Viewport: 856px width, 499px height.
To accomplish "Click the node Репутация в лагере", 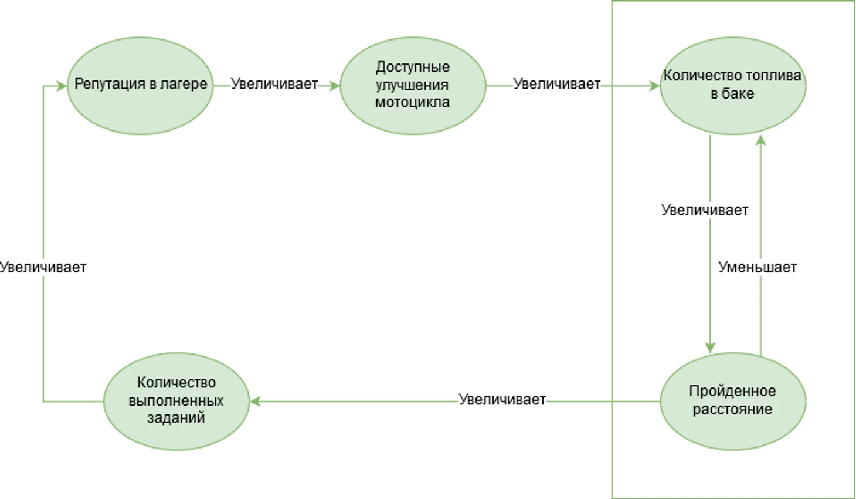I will (140, 86).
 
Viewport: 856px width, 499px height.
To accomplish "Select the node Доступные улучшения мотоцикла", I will (413, 86).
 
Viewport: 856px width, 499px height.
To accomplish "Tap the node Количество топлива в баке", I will (732, 86).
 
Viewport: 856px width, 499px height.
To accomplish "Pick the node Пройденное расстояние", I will (732, 401).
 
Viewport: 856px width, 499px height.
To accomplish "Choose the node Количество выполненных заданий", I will (176, 401).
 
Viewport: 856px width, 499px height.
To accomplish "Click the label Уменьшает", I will (757, 267).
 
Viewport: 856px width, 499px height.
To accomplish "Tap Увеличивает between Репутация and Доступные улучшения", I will (274, 84).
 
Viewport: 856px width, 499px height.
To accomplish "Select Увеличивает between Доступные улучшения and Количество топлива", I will (556, 84).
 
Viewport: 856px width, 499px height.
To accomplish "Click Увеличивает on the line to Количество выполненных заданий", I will (502, 400).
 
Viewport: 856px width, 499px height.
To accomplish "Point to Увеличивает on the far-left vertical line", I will (43, 267).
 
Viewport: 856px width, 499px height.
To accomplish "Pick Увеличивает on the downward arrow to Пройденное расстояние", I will (704, 210).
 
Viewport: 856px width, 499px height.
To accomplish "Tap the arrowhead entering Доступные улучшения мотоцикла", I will (335, 86).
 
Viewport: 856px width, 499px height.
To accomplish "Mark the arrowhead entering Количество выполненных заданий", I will (256, 402).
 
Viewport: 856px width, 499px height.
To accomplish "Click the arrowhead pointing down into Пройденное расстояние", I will (710, 348).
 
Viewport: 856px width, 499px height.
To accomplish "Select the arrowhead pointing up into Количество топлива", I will (760, 140).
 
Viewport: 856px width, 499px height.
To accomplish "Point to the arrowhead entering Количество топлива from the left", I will (655, 86).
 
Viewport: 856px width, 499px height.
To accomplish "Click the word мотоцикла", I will (412, 102).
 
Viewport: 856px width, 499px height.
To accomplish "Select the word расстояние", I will (732, 409).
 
